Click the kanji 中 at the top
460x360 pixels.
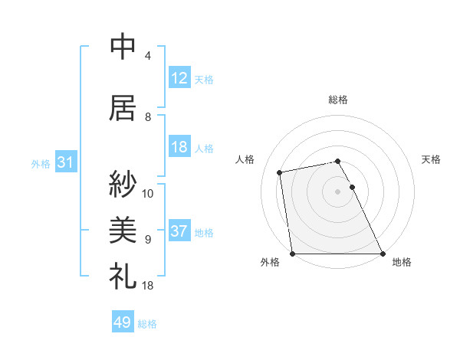click(123, 47)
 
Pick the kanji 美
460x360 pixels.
click(123, 229)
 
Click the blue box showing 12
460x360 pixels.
click(179, 78)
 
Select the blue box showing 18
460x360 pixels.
click(179, 147)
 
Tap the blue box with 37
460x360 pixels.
click(179, 231)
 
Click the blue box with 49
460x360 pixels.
click(123, 322)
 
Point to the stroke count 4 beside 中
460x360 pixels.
click(148, 56)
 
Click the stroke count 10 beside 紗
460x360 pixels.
click(148, 194)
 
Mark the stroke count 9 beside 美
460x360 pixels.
click(148, 240)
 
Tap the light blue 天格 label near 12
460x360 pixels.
click(204, 79)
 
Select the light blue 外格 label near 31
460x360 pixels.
click(41, 163)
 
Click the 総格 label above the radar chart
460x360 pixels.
click(337, 100)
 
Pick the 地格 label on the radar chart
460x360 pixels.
click(402, 263)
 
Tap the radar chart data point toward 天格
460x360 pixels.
click(352, 187)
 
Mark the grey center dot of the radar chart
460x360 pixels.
click(337, 191)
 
